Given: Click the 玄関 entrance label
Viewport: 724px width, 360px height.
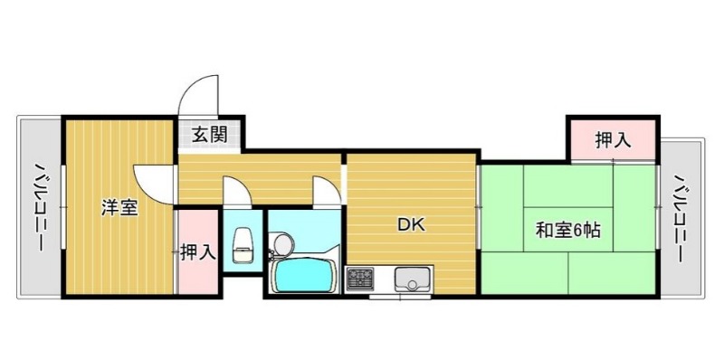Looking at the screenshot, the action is click(209, 136).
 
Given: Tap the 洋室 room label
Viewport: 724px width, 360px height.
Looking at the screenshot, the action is click(119, 208).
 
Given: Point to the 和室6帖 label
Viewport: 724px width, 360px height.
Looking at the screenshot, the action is click(568, 230).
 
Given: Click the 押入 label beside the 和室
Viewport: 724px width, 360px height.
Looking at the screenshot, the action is click(613, 140).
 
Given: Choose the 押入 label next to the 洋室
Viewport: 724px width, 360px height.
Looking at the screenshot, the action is click(198, 252).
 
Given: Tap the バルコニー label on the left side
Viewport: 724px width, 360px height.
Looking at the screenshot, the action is click(39, 207).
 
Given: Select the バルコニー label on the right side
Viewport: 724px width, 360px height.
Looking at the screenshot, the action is click(681, 218).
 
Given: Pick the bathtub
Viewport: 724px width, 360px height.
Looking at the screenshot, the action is click(304, 276).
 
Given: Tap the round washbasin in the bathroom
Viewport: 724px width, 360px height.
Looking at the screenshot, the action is click(282, 242).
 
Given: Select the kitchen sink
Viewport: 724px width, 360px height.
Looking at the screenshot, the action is click(412, 279).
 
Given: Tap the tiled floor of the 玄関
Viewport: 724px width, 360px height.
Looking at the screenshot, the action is click(210, 136).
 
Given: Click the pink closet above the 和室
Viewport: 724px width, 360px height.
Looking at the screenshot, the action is click(613, 140).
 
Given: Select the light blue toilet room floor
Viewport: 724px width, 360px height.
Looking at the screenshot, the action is click(243, 241).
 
